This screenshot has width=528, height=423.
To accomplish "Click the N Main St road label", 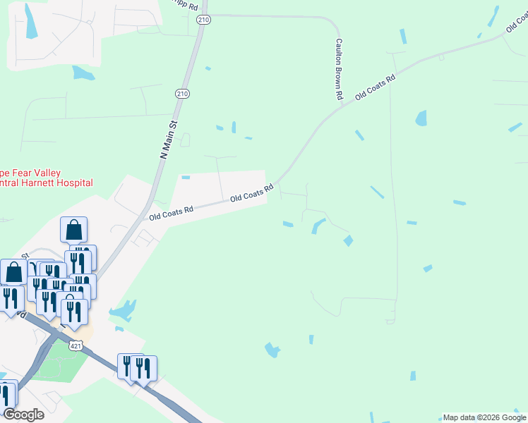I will (170, 138).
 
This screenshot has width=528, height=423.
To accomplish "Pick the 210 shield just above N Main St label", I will (182, 93).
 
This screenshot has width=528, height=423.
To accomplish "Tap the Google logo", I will (23, 415).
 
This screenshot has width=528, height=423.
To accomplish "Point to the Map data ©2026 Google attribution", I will (484, 417).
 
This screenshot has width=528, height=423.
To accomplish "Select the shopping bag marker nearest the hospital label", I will (74, 230).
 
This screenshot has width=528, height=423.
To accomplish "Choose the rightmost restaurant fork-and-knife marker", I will (145, 368).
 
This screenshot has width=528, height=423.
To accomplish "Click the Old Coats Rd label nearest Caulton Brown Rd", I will (374, 85).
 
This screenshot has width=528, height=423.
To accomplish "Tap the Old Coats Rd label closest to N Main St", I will (170, 212).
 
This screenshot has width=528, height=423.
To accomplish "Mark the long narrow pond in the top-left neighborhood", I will (30, 21).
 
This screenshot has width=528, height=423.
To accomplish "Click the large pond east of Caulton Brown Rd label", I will (421, 118).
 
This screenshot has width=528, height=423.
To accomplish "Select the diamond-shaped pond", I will (348, 241).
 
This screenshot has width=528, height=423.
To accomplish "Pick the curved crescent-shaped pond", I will (317, 226).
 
